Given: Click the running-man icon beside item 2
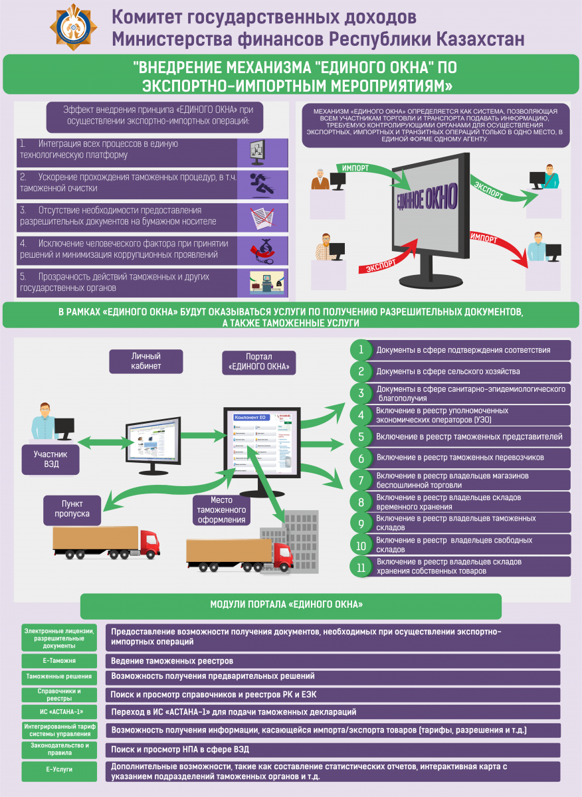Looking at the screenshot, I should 256,185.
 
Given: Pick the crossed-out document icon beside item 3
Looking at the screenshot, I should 256,218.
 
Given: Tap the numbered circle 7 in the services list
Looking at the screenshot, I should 361,480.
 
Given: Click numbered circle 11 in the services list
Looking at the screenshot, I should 361,567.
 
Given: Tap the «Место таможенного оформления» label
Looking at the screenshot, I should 220,510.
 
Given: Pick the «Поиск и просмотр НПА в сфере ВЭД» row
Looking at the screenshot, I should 332,750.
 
